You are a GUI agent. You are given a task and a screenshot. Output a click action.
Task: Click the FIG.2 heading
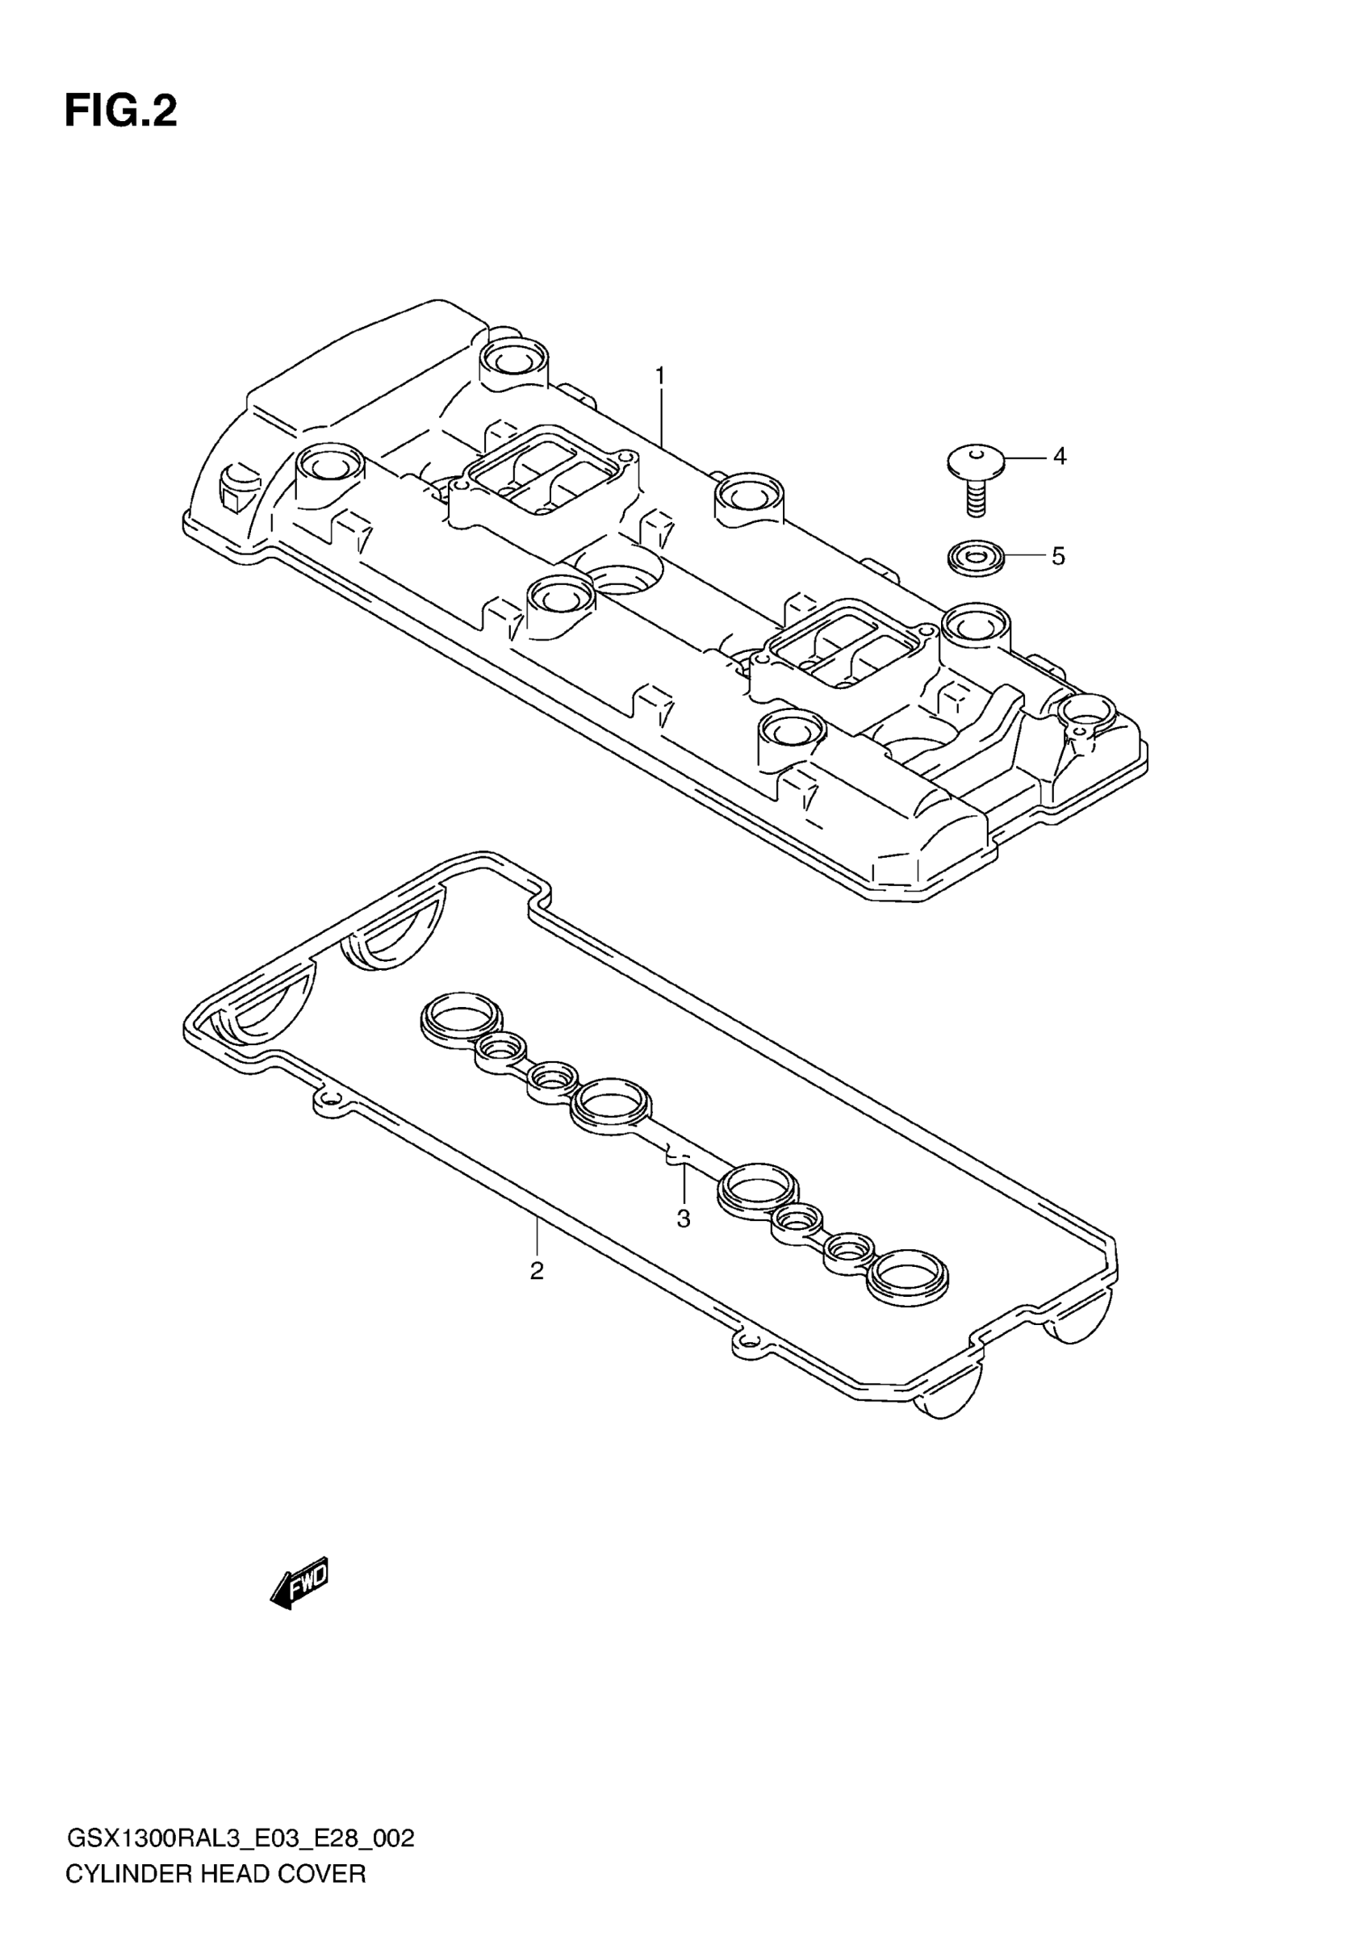coord(121,111)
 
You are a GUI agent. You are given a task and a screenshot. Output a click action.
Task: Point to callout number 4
coord(1060,457)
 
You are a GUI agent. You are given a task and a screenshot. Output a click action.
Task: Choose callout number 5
coord(1059,556)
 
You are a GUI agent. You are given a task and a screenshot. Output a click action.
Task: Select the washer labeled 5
coord(976,558)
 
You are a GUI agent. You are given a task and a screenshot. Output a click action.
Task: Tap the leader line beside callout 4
coord(1026,457)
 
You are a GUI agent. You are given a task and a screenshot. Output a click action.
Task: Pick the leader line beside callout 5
coord(1026,556)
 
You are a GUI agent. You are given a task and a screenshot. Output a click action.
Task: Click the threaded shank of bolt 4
coord(976,499)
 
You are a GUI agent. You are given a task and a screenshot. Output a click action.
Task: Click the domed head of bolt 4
coord(976,461)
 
